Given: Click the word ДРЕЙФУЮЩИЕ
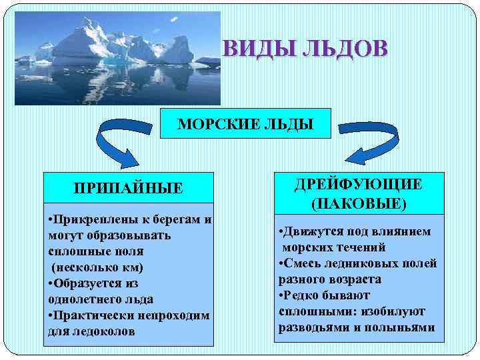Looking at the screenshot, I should (x=358, y=184).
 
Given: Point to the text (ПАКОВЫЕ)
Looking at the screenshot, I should (x=359, y=202).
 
